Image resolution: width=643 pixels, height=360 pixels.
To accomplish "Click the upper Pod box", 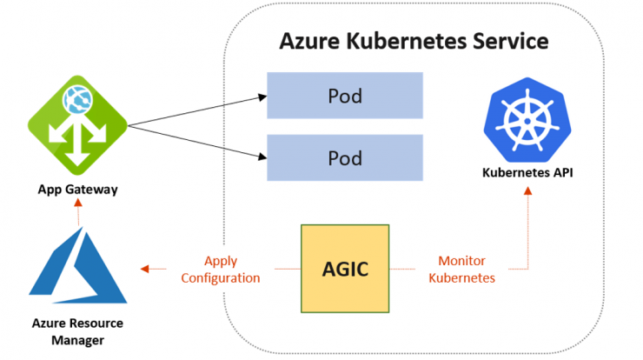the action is tap(345, 96).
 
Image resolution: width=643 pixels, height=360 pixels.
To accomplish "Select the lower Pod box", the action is tap(345, 157).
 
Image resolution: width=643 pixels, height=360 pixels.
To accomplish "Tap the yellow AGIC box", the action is tap(345, 269).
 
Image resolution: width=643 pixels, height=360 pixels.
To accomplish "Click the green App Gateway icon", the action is tap(77, 125).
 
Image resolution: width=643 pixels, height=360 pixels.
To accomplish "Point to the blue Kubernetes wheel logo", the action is tap(527, 120).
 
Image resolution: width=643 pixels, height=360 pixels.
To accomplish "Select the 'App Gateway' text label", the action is tap(77, 190).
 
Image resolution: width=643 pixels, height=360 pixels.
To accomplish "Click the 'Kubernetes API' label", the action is tap(527, 172).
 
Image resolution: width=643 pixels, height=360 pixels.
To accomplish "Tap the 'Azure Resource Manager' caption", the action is tap(77, 331).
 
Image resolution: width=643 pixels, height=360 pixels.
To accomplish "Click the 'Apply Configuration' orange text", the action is tap(221, 270).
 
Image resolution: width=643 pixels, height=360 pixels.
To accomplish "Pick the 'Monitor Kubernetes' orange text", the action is tap(461, 270).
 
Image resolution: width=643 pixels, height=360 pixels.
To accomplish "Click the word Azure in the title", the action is tap(309, 41).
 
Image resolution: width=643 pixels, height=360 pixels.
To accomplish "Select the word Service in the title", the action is tap(511, 41).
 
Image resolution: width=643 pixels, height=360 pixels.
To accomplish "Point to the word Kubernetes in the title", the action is tap(407, 41).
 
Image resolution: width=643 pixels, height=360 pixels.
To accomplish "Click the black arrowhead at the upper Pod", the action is tap(262, 97).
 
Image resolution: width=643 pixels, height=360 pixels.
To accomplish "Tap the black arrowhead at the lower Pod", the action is tap(262, 157).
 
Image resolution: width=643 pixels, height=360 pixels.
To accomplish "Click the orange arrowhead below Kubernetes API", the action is tap(527, 191).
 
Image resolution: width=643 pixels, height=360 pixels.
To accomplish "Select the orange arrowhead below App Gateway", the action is tap(78, 203).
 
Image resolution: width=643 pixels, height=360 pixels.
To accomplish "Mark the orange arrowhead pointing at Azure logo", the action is tap(144, 269).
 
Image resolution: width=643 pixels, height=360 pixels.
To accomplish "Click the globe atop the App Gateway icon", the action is tap(77, 100).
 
